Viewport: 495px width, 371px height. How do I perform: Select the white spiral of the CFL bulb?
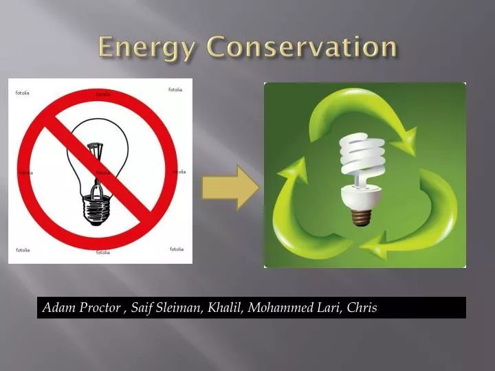click(x=362, y=155)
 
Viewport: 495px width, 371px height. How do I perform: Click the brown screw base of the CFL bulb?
click(x=361, y=216)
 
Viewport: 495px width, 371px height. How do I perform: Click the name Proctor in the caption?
click(x=99, y=308)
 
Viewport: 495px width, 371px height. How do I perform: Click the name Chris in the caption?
click(x=362, y=308)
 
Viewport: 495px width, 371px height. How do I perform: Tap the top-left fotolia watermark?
click(x=23, y=93)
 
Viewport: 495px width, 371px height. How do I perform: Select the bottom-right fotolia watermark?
click(x=177, y=249)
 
